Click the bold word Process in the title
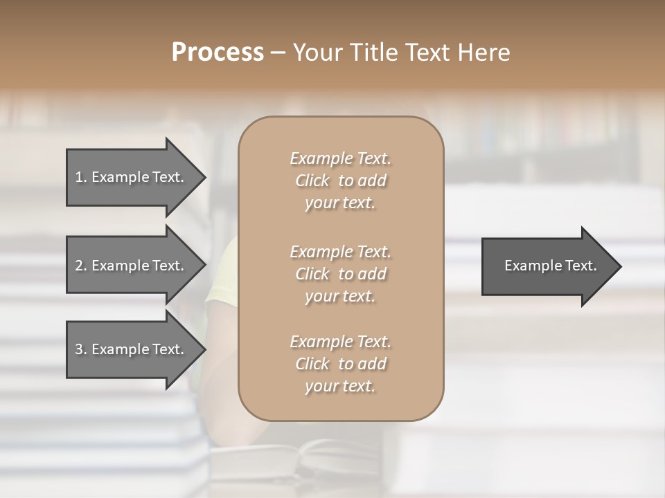click(218, 53)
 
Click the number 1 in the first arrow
click(79, 177)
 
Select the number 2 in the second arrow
click(79, 266)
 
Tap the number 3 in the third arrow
click(79, 349)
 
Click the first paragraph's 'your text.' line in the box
click(340, 203)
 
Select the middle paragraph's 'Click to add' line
click(340, 274)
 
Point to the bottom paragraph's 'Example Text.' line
click(340, 342)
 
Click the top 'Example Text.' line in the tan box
click(340, 158)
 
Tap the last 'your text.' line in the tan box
click(340, 387)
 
